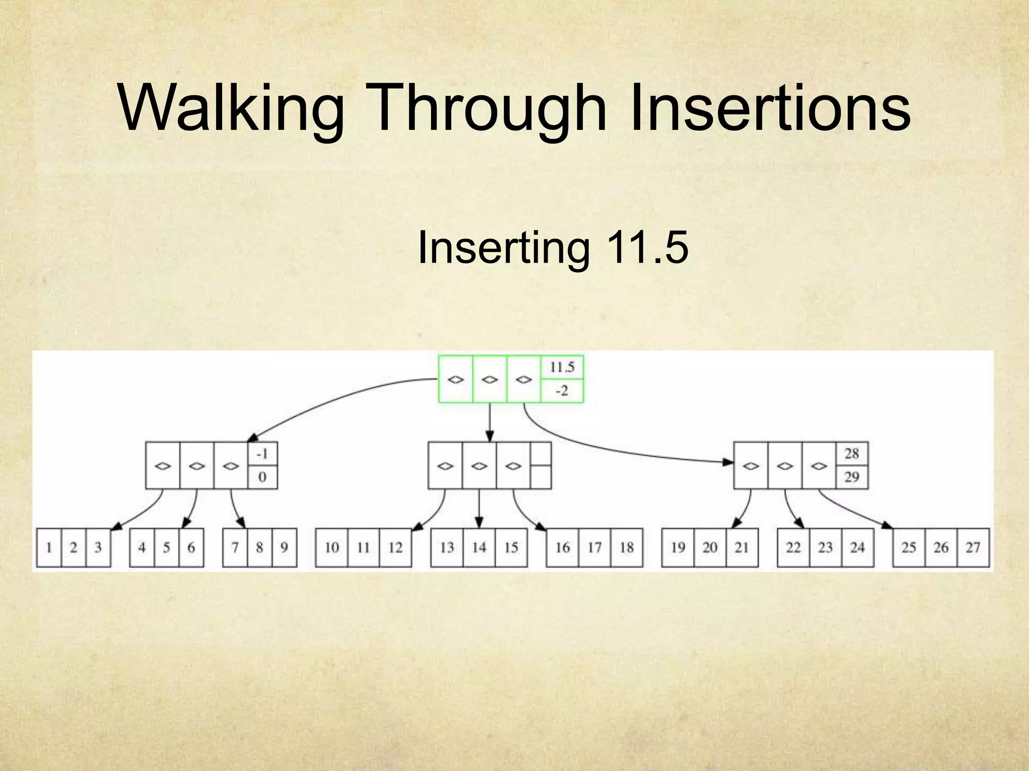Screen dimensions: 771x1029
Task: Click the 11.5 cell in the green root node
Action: pos(562,367)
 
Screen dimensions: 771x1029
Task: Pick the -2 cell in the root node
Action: pos(562,391)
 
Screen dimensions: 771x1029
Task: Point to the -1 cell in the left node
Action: pos(262,454)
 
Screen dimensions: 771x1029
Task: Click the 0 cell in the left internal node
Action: pos(262,477)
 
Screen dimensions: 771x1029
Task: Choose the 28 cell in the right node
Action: pos(852,454)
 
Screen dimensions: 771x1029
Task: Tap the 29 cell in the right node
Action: pos(852,477)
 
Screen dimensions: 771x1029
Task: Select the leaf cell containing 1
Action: pos(49,547)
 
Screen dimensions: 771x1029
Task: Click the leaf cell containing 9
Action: pos(284,547)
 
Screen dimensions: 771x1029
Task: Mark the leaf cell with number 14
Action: pos(479,547)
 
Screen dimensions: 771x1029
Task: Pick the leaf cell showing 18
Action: pos(627,547)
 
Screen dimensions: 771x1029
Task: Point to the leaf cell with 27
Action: pos(973,547)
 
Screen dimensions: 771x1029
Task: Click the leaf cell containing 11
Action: pos(363,547)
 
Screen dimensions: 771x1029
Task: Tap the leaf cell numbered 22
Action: pos(793,547)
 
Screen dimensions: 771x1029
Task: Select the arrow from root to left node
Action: pos(342,397)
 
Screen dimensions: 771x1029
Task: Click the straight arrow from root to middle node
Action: pos(490,422)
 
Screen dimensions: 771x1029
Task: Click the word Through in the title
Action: pos(488,108)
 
